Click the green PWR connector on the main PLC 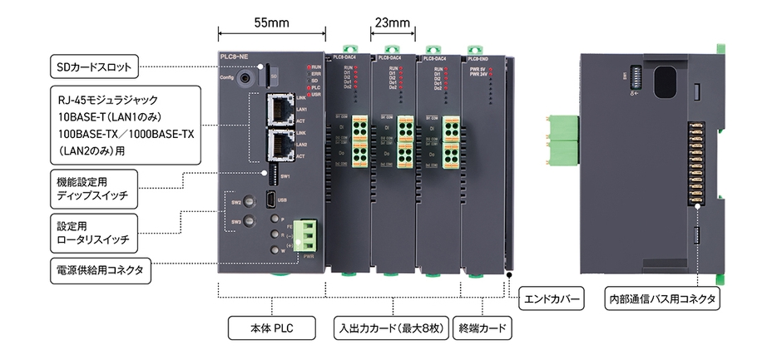pos(307,234)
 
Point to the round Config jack pos(245,79)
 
